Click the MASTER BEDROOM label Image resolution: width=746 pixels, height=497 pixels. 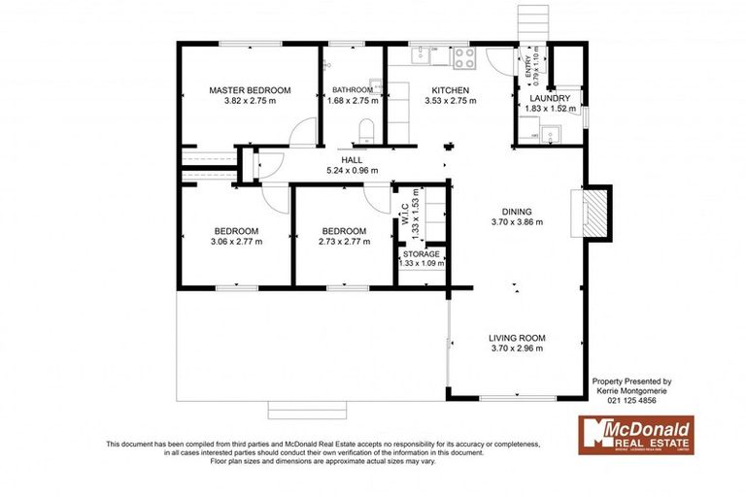pyautogui.click(x=250, y=89)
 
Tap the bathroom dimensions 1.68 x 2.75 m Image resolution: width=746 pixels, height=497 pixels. pyautogui.click(x=351, y=100)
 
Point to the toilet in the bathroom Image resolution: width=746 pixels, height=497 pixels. pyautogui.click(x=366, y=129)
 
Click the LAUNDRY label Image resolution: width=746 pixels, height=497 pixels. pyautogui.click(x=550, y=98)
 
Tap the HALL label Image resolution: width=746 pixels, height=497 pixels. pyautogui.click(x=351, y=160)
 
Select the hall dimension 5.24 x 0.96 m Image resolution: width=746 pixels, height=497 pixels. pyautogui.click(x=351, y=171)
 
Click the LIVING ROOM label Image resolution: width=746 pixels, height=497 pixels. pyautogui.click(x=515, y=337)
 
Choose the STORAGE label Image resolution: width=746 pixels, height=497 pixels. pyautogui.click(x=422, y=253)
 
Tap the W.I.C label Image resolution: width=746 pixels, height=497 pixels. pyautogui.click(x=405, y=216)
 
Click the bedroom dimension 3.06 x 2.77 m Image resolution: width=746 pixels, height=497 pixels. pyautogui.click(x=236, y=242)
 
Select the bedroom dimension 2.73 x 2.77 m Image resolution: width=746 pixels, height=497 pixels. pyautogui.click(x=345, y=242)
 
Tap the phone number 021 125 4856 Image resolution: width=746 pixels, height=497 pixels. pyautogui.click(x=631, y=400)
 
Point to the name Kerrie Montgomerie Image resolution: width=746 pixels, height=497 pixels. pyautogui.click(x=631, y=390)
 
